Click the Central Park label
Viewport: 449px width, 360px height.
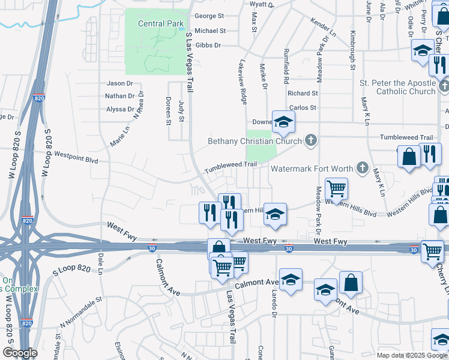[160, 24]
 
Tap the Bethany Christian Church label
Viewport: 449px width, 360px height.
[255, 142]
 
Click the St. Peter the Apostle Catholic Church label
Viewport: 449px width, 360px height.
[397, 87]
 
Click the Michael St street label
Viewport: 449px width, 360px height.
[210, 31]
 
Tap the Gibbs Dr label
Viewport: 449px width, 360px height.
[209, 45]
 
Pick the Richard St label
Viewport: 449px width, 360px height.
[302, 94]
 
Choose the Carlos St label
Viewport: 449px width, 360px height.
[303, 108]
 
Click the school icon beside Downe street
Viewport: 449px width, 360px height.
[283, 122]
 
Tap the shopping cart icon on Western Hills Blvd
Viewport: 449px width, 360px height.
[336, 188]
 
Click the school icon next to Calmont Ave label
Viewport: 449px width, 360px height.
[291, 280]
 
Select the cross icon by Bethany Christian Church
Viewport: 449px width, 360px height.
[310, 141]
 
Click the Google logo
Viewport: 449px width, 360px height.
[20, 353]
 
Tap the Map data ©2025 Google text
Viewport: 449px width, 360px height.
[411, 355]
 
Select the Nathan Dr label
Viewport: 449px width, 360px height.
[119, 96]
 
